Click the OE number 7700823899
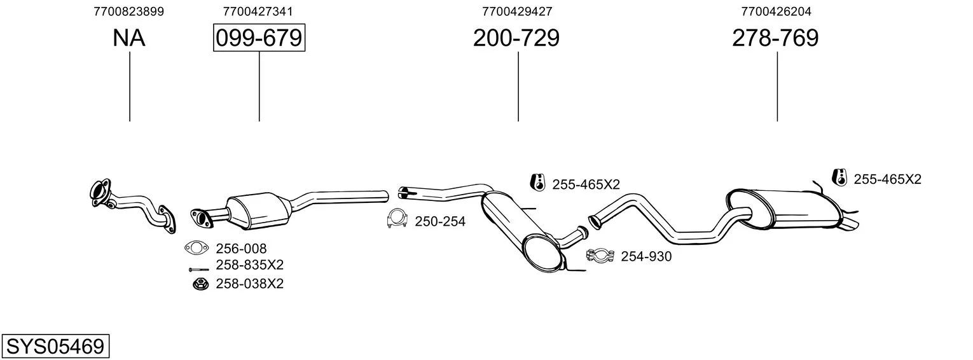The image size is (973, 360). (x=128, y=11)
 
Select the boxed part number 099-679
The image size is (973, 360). (x=259, y=38)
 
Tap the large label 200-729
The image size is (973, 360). (x=516, y=38)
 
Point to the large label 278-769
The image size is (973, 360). (x=775, y=38)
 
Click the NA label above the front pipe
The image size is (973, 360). (x=128, y=38)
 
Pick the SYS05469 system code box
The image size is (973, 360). (x=55, y=346)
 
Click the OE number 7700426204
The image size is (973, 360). (x=776, y=11)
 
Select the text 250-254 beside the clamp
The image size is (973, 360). (x=440, y=221)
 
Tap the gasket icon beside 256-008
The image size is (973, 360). (x=196, y=248)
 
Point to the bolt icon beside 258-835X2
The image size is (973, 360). (x=199, y=270)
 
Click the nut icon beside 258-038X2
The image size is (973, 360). (x=200, y=284)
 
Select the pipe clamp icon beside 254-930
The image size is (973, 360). (x=600, y=255)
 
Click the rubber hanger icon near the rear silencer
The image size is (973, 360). (x=839, y=177)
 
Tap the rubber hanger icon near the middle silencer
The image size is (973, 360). (x=538, y=182)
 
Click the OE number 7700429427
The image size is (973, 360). (x=517, y=11)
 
